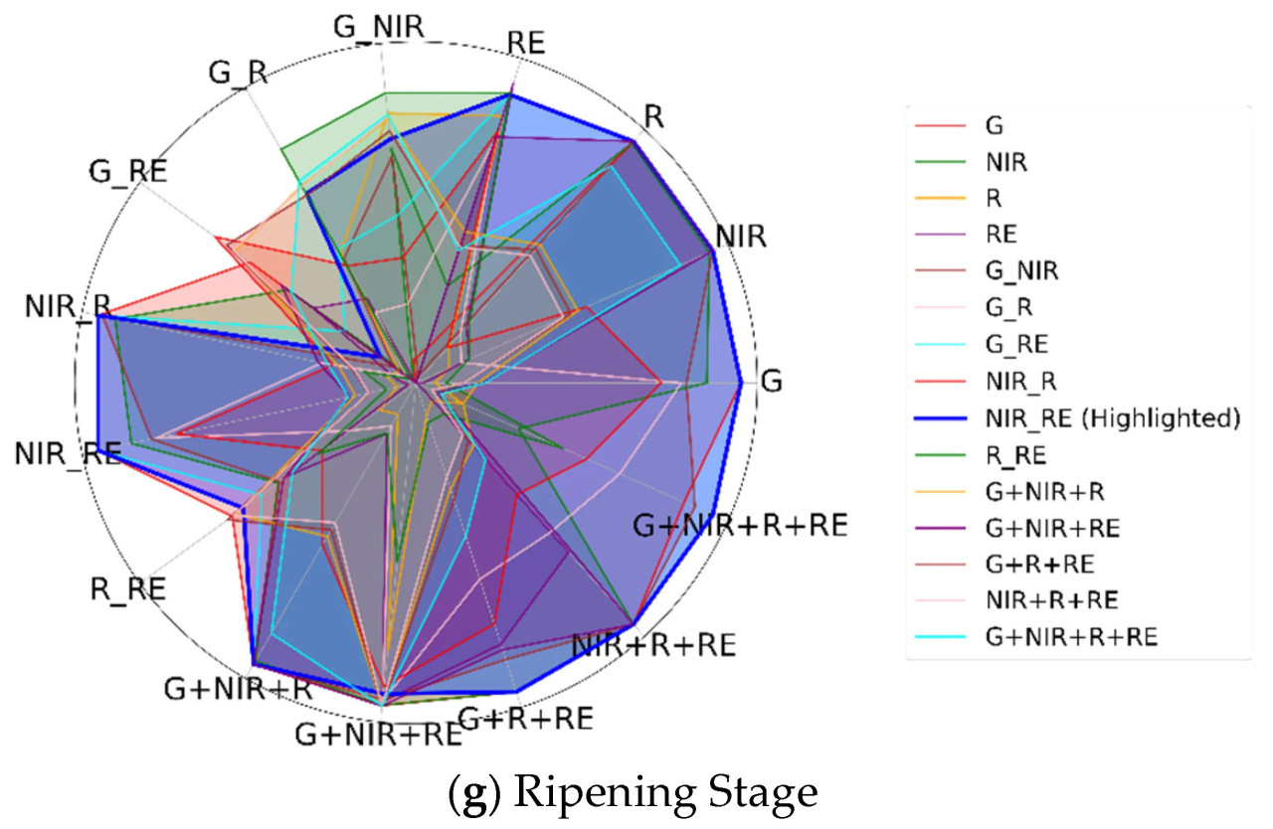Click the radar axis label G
tap(770, 381)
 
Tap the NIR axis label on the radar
tap(741, 237)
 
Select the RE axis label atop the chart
tap(531, 43)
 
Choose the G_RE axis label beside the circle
tap(126, 171)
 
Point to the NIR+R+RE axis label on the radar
tap(653, 645)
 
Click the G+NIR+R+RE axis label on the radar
tap(740, 525)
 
